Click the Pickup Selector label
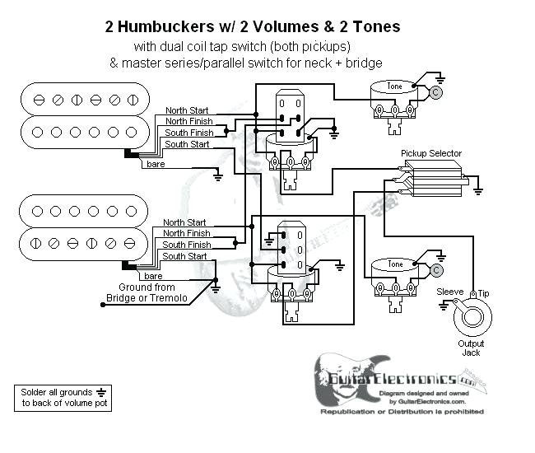click(x=430, y=153)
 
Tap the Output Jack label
click(x=471, y=348)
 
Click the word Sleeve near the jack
click(x=449, y=292)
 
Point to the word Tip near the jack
click(x=483, y=292)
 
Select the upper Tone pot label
click(x=395, y=86)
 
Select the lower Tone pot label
click(x=395, y=264)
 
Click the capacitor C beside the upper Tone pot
click(x=435, y=92)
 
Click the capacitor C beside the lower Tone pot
click(x=436, y=270)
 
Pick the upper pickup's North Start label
click(x=186, y=110)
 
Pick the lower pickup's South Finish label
click(x=187, y=245)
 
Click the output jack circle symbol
click(x=472, y=315)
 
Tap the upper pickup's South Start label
click(x=186, y=144)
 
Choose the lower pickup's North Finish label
click(x=186, y=233)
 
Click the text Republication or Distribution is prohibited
click(x=402, y=410)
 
